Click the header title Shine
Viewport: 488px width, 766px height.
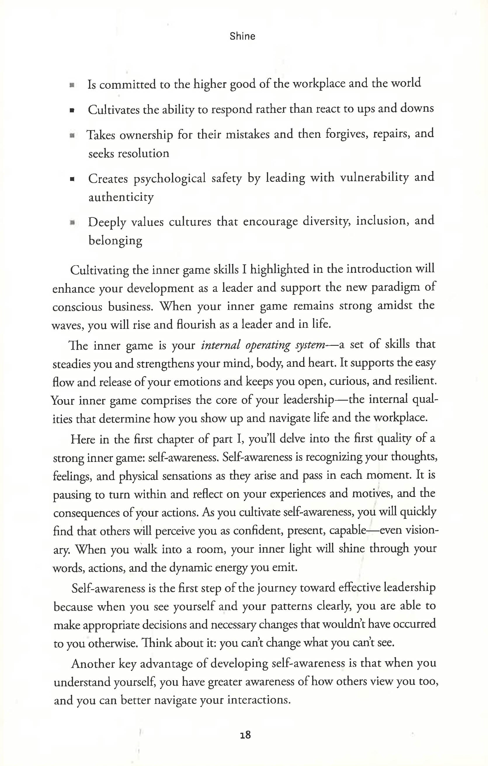tap(242, 36)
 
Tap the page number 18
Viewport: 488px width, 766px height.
tap(245, 735)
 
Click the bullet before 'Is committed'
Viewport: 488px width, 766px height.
tap(72, 85)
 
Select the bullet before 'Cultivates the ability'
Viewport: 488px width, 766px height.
tap(72, 111)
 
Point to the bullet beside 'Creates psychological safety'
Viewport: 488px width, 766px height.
tap(72, 179)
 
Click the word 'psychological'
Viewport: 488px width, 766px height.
tap(170, 179)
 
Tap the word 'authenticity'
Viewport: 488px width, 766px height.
tap(121, 197)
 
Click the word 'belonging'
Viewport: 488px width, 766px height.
tap(115, 241)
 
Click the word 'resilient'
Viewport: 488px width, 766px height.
tap(415, 381)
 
